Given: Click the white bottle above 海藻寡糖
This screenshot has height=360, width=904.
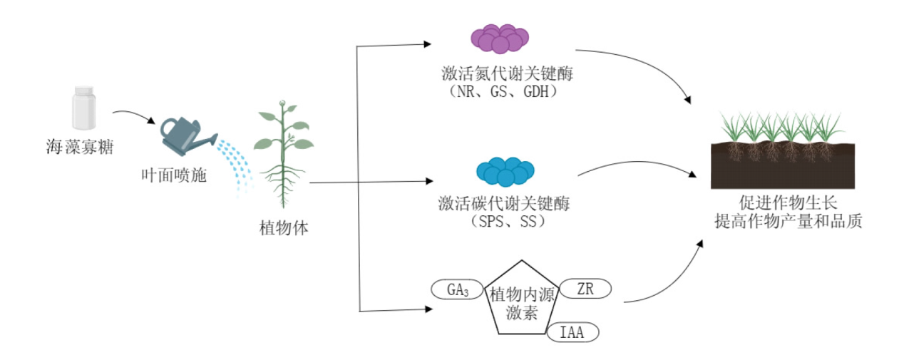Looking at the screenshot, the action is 84,108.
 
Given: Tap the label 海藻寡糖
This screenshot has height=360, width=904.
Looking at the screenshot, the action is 80,147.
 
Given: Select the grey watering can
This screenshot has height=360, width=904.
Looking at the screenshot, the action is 187,136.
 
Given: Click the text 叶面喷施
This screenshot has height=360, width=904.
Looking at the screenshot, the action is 174,175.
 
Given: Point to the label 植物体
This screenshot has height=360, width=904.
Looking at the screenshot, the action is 284,228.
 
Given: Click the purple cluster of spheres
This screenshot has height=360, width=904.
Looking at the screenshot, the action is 500,38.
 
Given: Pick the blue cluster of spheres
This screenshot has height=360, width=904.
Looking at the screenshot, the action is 505,172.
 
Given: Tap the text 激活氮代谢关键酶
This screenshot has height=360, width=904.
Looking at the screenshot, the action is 508,74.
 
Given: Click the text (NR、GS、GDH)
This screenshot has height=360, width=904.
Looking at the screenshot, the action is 503,92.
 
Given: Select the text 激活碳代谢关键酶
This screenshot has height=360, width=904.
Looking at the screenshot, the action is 504,204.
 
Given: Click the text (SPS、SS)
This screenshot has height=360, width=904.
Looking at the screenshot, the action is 508,222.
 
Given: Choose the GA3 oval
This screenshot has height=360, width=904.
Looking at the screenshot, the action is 457,289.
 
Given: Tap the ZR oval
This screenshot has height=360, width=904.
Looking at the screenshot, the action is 585,289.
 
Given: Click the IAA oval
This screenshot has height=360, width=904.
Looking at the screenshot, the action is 572,332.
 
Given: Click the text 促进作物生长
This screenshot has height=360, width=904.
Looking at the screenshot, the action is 789,203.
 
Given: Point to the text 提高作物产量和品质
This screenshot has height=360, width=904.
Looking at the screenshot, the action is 789,221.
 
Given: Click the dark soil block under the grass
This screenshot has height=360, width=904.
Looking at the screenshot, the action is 783,170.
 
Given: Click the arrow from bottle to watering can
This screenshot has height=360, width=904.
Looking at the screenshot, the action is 135,113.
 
